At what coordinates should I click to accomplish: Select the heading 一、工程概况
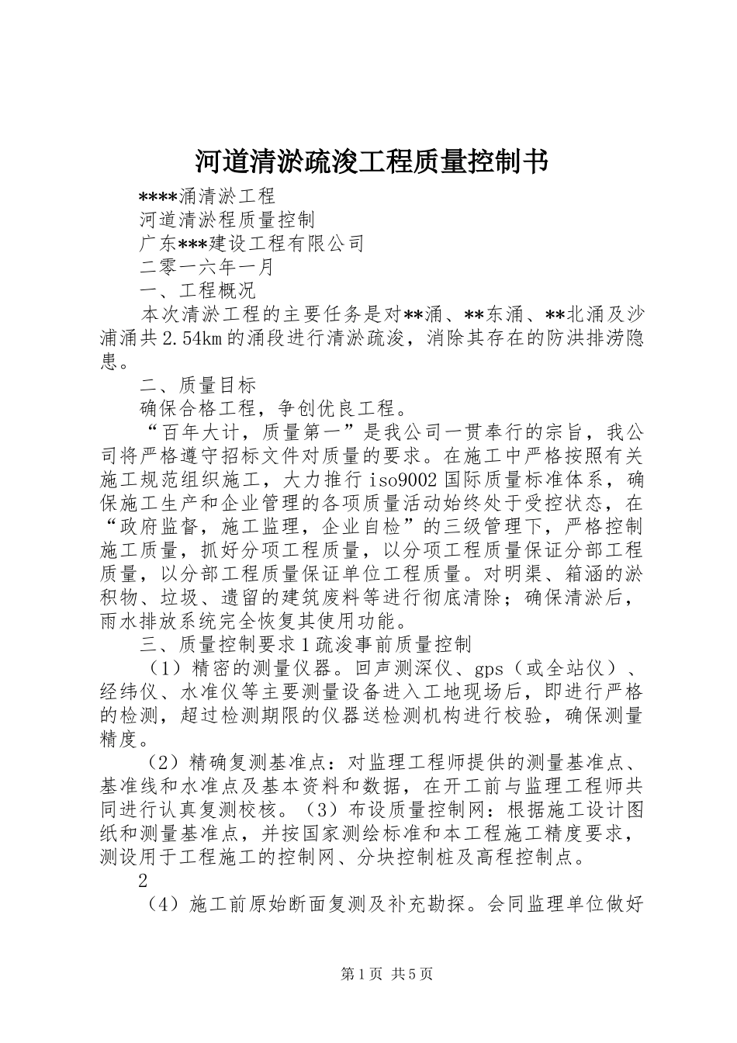[x=197, y=291]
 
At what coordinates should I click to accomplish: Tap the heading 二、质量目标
[x=197, y=385]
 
